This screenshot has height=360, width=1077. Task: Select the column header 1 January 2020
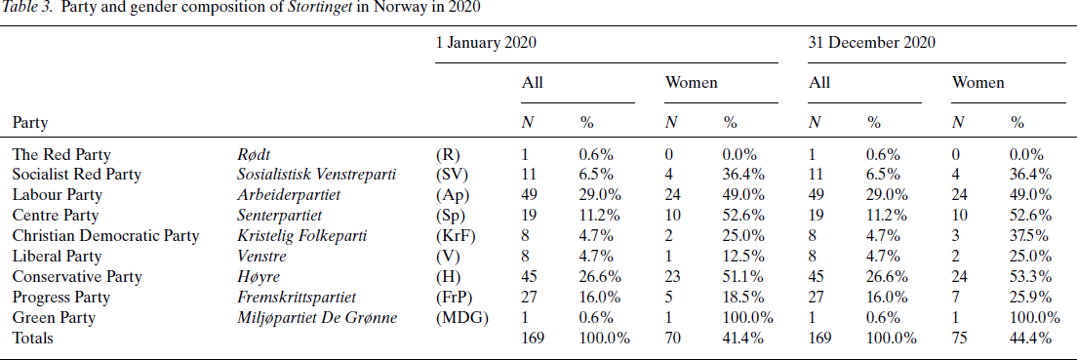coord(486,43)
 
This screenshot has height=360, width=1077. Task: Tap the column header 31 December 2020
coord(872,43)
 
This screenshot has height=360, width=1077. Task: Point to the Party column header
coord(30,123)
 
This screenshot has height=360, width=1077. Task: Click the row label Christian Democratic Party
coord(105,235)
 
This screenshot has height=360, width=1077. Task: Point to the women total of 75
coord(961,338)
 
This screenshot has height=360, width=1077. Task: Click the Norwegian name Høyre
coord(258,276)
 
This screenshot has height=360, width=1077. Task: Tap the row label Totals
coord(32,338)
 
